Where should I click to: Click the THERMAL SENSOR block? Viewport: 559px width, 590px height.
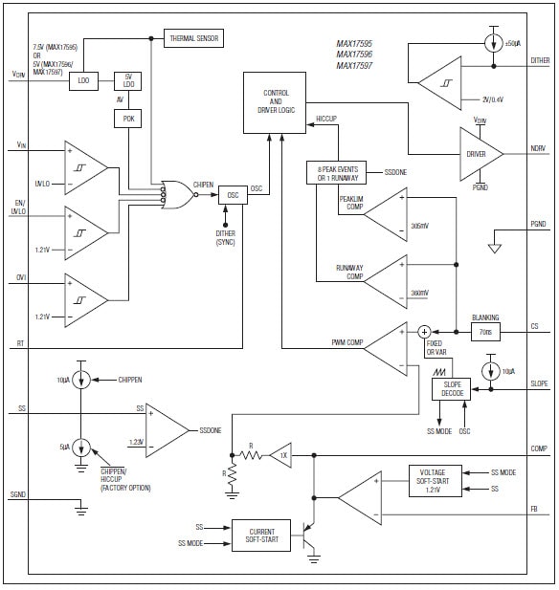tap(195, 38)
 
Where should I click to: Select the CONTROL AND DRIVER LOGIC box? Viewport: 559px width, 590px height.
tap(276, 98)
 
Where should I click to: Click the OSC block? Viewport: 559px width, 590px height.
tap(233, 194)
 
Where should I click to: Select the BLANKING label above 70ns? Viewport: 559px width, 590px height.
tap(485, 317)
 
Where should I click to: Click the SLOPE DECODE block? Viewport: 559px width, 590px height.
tap(452, 389)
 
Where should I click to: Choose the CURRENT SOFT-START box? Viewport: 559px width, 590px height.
tap(260, 535)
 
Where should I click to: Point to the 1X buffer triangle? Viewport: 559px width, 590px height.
tap(279, 456)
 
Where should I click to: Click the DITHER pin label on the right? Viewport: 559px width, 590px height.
tap(540, 60)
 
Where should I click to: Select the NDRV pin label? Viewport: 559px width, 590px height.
tap(539, 149)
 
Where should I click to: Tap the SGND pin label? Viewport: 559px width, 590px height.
tap(17, 494)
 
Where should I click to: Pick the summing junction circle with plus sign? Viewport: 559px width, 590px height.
tap(425, 331)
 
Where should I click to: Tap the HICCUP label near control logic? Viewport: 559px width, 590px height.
tap(328, 119)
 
